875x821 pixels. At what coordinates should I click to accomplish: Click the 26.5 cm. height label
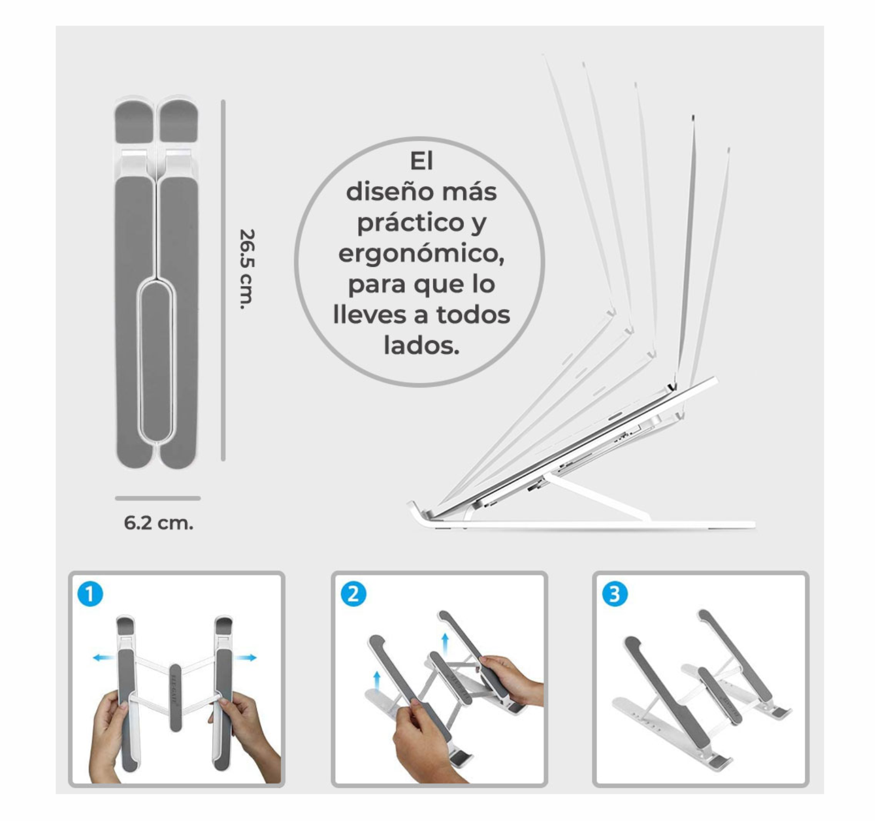coord(247,269)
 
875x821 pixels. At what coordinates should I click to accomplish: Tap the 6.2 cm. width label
coord(158,523)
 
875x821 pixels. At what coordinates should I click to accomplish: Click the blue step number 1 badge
coord(90,594)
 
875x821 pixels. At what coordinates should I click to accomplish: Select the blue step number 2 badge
coord(353,594)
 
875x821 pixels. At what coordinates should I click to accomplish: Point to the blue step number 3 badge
coord(615,594)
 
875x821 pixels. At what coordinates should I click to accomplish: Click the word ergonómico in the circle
coord(421,253)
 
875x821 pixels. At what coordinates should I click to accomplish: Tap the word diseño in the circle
coord(381,192)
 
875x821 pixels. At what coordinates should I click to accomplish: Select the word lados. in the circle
coord(421,345)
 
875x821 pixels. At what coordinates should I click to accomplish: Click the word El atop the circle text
coord(421,161)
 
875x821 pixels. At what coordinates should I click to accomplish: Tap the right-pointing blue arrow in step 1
coord(246,658)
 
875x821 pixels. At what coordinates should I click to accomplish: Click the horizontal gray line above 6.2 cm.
coord(158,498)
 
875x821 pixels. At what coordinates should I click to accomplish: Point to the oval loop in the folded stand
coord(157,360)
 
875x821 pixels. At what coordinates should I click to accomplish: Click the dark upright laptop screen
coord(687,246)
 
